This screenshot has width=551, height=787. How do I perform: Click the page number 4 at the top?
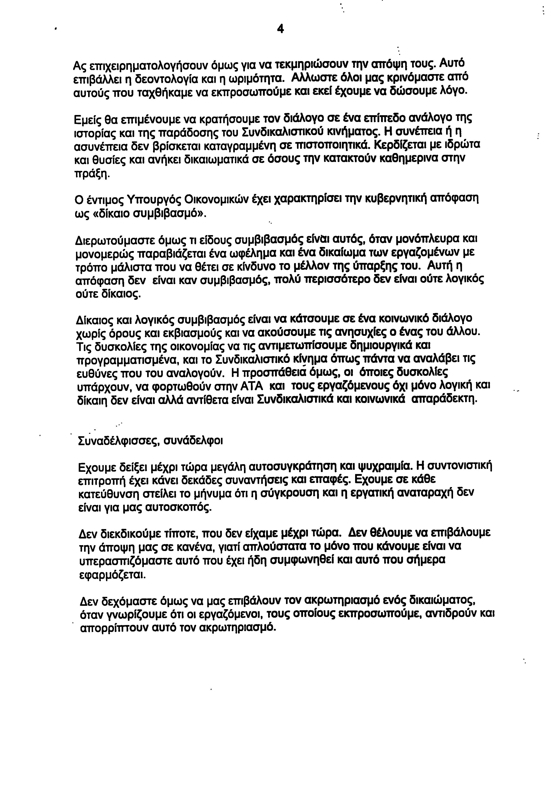click(280, 30)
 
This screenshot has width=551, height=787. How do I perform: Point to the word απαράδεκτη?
click(445, 399)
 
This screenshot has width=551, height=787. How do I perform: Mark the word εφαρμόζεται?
click(112, 574)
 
